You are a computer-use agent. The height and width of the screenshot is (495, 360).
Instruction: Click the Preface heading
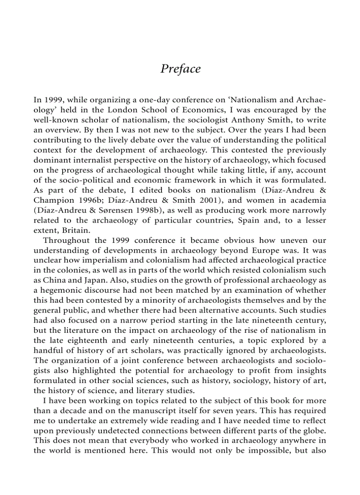tap(180, 69)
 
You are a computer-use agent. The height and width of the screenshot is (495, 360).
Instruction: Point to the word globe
tap(314, 430)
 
